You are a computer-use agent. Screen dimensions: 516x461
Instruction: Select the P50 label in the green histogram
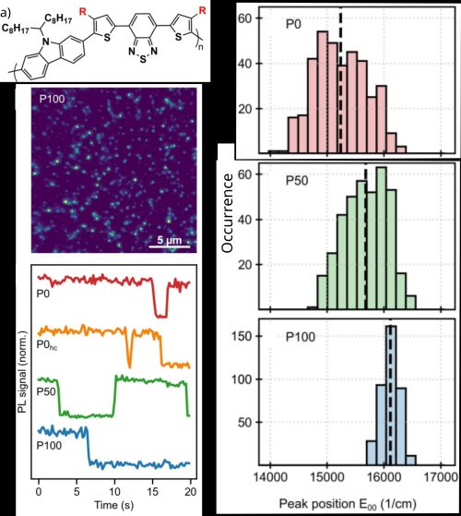[x=279, y=178]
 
